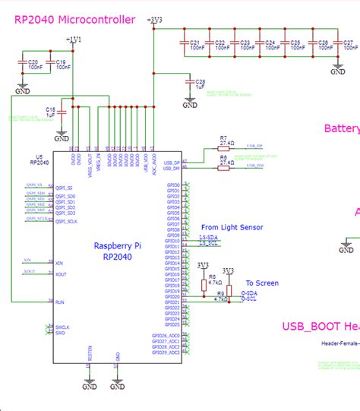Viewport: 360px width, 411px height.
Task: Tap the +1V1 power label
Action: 76,39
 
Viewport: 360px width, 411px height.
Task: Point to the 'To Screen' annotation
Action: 262,283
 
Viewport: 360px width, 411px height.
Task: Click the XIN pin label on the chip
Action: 60,263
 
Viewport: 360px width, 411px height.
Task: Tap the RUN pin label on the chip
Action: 60,302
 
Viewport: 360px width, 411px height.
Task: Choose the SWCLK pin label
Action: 62,327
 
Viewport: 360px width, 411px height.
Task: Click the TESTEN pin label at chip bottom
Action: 90,353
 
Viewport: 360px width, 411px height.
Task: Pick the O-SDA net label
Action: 248,294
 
